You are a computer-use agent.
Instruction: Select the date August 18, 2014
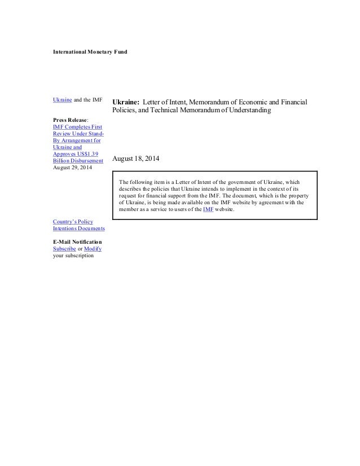(x=136, y=160)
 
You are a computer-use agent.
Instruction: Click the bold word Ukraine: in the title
(x=125, y=102)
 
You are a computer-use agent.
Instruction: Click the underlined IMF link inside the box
(x=208, y=209)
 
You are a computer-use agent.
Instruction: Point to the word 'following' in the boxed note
(x=143, y=182)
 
